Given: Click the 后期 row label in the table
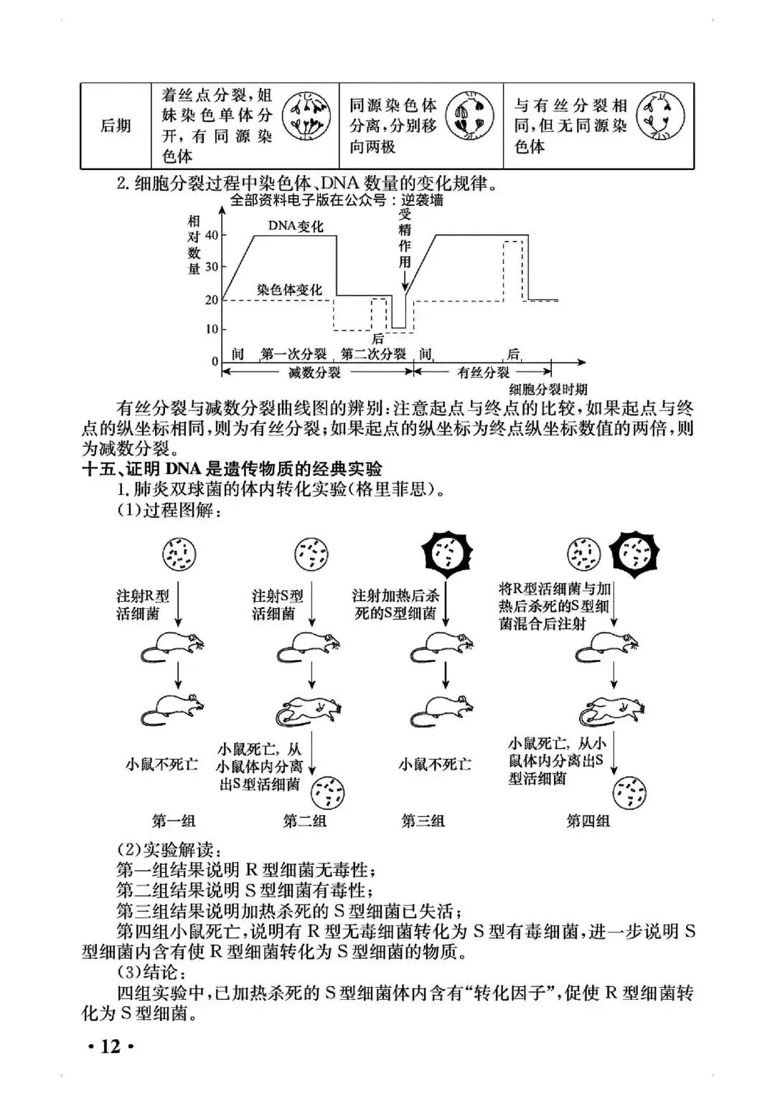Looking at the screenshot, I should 116,126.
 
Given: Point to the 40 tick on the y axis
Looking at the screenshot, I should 212,235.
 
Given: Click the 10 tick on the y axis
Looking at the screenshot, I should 212,330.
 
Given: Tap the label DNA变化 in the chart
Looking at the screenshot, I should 296,226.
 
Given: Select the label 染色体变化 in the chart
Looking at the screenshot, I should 289,290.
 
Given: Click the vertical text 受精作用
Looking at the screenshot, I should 405,237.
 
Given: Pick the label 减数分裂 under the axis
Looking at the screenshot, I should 314,372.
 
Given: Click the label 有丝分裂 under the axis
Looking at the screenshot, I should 483,372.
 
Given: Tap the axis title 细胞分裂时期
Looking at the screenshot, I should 548,389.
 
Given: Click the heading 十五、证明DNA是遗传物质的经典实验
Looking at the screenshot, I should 232,469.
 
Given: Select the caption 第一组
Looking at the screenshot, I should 174,821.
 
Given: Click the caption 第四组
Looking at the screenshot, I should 588,821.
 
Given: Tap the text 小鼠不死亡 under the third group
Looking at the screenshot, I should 435,765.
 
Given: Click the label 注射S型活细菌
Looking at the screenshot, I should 277,605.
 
